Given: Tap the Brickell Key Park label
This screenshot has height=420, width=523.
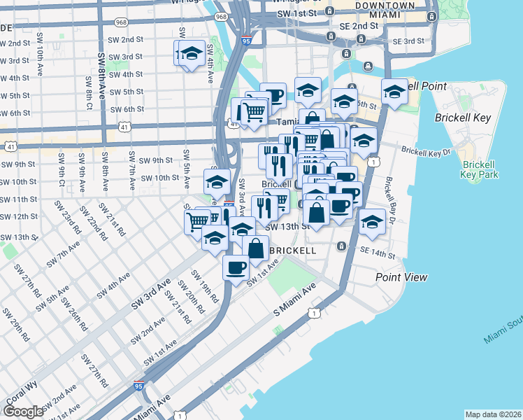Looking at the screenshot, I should pyautogui.click(x=480, y=169).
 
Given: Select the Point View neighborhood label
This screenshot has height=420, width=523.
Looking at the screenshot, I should pyautogui.click(x=401, y=277).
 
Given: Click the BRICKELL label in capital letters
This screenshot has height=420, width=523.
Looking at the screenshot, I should pyautogui.click(x=293, y=250).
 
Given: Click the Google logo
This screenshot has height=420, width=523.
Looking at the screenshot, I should pyautogui.click(x=23, y=411).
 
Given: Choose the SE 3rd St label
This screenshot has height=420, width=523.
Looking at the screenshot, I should pyautogui.click(x=408, y=41).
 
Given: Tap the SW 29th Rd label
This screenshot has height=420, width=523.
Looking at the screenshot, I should pyautogui.click(x=15, y=324).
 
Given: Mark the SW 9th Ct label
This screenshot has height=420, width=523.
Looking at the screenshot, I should pyautogui.click(x=63, y=168).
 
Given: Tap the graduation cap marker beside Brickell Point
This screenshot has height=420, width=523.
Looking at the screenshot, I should pyautogui.click(x=394, y=92).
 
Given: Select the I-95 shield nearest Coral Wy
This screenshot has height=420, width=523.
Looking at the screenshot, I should pyautogui.click(x=140, y=386).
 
